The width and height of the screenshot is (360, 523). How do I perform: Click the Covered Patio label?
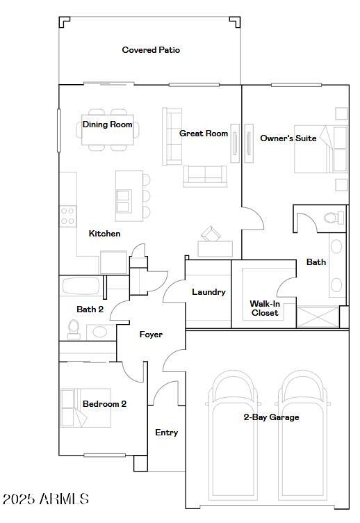(x=151, y=50)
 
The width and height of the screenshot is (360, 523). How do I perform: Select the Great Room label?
(x=204, y=133)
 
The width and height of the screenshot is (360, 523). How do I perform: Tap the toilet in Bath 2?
(x=74, y=328)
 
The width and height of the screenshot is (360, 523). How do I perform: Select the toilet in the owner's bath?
(x=334, y=218)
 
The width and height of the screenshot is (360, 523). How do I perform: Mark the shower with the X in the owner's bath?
(x=318, y=316)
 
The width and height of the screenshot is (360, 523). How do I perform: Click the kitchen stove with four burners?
(x=67, y=216)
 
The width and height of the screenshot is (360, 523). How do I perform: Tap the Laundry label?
(x=208, y=292)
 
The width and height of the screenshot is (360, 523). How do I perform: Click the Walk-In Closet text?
(x=264, y=308)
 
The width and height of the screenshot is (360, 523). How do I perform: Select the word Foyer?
(x=151, y=335)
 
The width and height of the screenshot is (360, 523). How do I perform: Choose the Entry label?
(x=166, y=433)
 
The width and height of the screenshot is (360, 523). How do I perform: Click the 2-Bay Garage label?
(x=271, y=417)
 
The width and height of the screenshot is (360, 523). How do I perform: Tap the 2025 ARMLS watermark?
(x=46, y=499)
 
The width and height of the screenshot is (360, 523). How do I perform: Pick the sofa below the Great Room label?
(x=205, y=176)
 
